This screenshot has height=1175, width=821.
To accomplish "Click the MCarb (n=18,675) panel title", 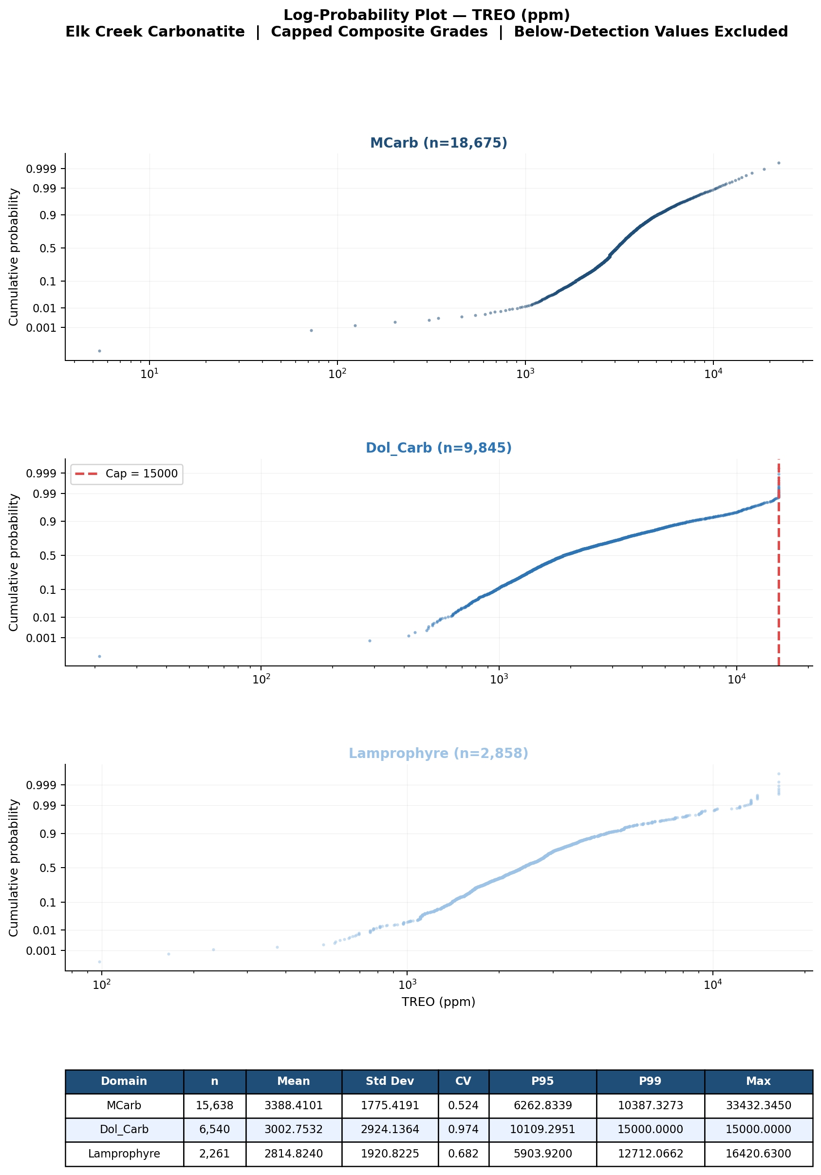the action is [438, 143].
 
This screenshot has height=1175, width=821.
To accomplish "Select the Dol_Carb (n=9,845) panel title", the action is [438, 448].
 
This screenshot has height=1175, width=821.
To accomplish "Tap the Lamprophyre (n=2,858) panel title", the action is [438, 753].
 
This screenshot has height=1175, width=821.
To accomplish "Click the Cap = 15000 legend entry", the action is [127, 474].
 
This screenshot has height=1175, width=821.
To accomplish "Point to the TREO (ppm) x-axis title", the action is [438, 1002].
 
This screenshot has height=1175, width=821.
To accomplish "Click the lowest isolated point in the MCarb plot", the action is [99, 351].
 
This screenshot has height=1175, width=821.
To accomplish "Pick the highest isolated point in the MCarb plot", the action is [779, 163].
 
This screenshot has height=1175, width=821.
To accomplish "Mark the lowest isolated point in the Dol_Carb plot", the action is [99, 656].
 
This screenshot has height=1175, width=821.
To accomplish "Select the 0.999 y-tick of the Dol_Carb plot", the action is [43, 474].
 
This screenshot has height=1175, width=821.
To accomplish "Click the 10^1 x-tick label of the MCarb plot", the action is [149, 373].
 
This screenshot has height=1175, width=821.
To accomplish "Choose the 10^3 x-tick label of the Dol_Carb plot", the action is [499, 679].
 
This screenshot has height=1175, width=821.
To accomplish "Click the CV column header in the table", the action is [463, 1081].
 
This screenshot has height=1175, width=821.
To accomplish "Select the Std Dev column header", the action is [390, 1081].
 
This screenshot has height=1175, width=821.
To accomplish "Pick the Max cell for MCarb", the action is [758, 1105].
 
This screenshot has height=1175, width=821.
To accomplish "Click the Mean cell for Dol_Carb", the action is [294, 1130].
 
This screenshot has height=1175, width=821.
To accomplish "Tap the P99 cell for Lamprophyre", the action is [650, 1154].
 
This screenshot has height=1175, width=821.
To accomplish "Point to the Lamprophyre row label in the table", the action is [124, 1154].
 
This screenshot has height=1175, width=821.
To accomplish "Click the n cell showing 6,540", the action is [214, 1130].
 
